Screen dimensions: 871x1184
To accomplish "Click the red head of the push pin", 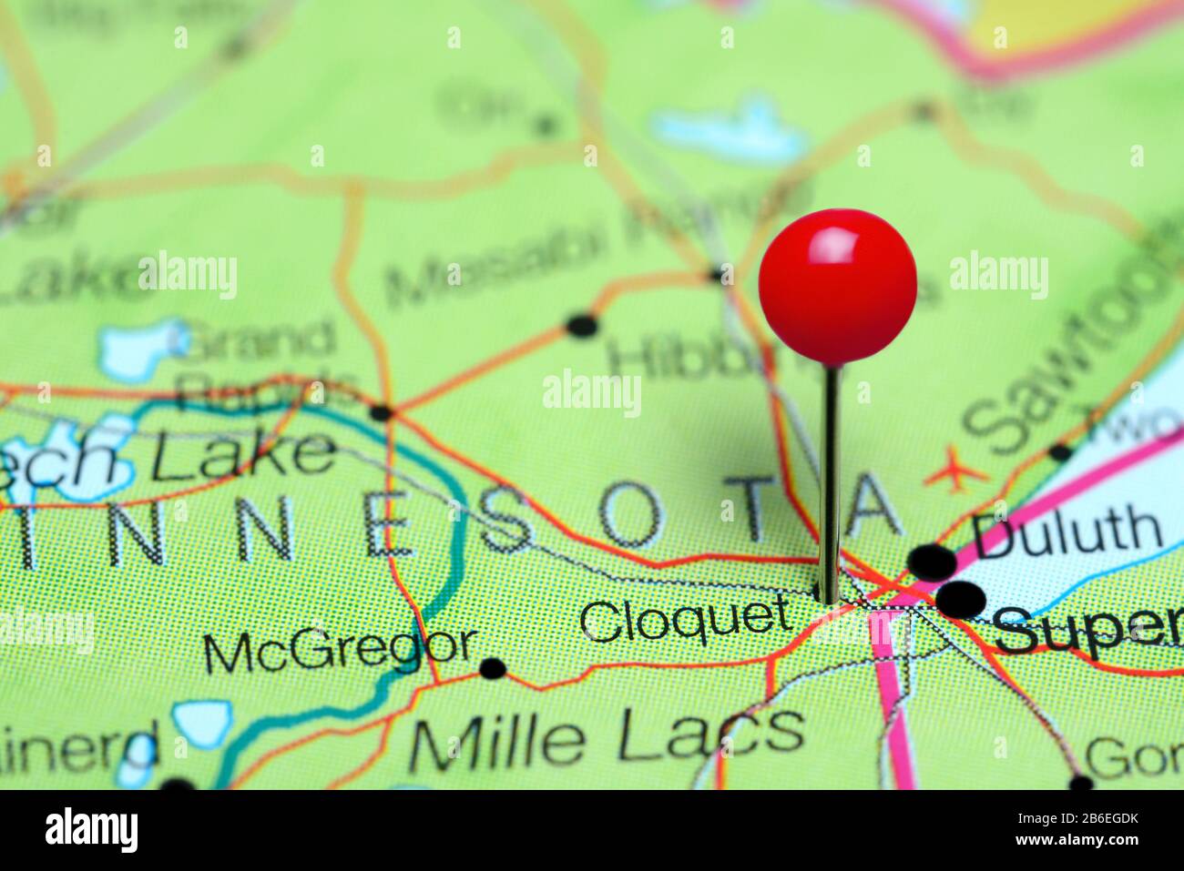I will coord(837,286).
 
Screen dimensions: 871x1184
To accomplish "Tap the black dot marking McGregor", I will coord(493,670).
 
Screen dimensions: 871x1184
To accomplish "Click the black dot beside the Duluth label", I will coord(932,559).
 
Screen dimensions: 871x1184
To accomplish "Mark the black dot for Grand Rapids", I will coord(382,413).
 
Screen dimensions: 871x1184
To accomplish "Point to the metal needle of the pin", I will coord(830,482).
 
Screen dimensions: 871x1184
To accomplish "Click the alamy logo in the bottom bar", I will coord(91,829).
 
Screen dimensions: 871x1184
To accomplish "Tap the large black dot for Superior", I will coord(961,601).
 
